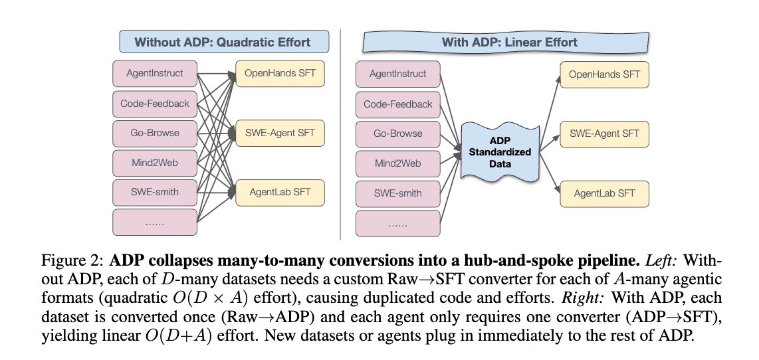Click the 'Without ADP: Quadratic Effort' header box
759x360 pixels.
coord(222,42)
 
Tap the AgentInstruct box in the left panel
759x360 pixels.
coord(155,73)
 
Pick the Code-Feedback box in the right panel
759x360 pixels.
coord(398,104)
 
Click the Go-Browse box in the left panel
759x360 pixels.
coord(155,133)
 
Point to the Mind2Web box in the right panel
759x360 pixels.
coord(398,163)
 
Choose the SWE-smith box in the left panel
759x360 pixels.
coord(155,192)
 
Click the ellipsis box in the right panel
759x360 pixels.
coord(398,223)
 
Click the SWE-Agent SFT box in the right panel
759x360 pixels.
coord(603,134)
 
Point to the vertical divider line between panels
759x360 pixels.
coord(340,133)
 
